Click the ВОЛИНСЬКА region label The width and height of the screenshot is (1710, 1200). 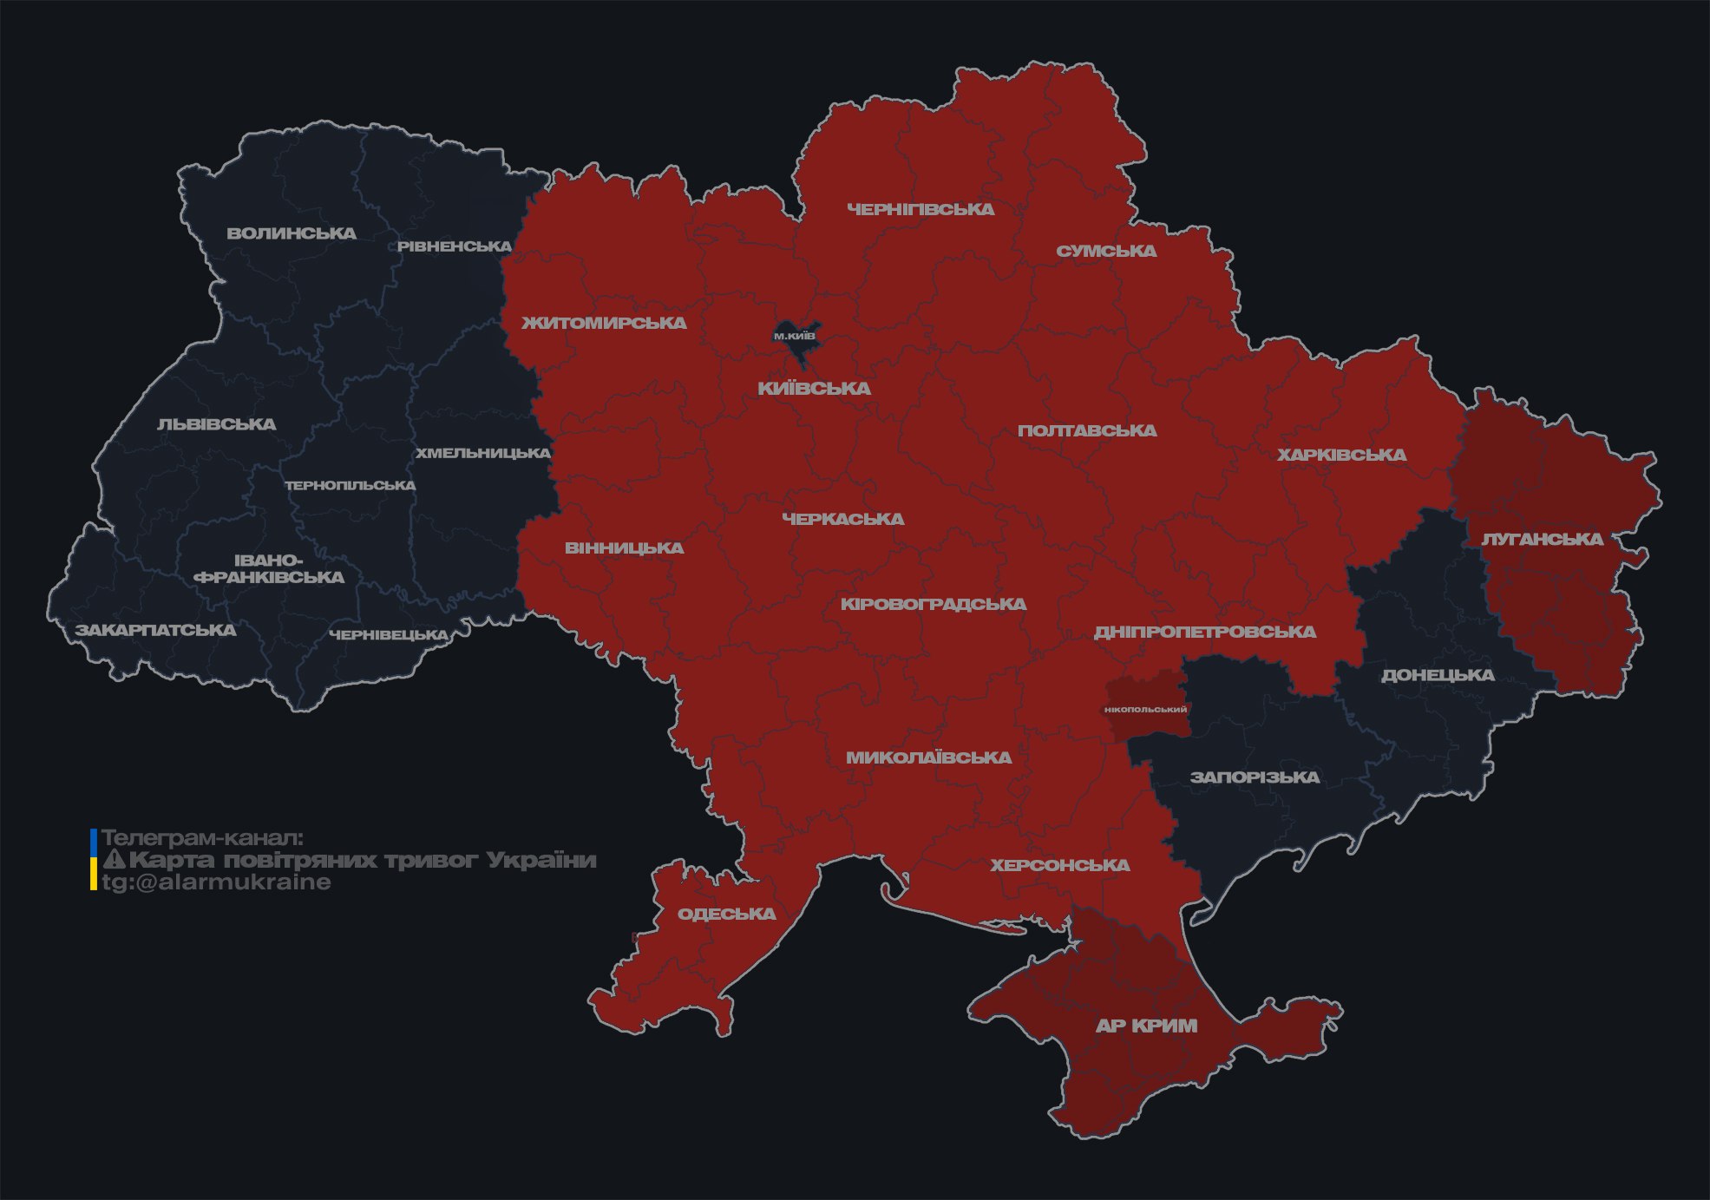(x=292, y=233)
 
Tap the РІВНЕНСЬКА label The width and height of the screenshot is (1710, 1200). (x=455, y=246)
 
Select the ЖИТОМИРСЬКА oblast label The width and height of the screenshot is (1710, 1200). (x=604, y=323)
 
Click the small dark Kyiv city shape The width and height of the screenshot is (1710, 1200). (x=796, y=342)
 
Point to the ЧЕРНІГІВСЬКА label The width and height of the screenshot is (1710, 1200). (x=921, y=209)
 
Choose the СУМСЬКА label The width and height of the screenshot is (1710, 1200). (x=1106, y=251)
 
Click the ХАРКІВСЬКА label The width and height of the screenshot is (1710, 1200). (x=1341, y=455)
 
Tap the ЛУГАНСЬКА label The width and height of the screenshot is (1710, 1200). (x=1542, y=539)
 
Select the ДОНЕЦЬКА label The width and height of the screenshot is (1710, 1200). (x=1438, y=675)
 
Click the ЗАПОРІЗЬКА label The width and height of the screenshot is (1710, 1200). (x=1255, y=777)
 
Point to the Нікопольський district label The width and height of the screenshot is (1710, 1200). (x=1145, y=709)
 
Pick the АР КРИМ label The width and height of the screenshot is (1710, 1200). (x=1146, y=1026)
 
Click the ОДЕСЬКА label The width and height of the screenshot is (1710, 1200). (x=726, y=914)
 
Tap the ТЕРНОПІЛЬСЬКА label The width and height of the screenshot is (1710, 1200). (x=351, y=485)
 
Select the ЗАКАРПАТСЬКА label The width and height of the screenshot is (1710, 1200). (x=155, y=630)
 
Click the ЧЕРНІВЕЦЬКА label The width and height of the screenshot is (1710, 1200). (x=389, y=635)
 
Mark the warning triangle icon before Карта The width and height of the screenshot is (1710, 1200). (x=114, y=860)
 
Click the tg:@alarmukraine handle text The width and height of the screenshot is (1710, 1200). (x=216, y=882)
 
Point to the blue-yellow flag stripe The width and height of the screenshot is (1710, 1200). (x=94, y=859)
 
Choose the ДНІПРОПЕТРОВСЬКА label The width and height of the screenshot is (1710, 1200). (x=1204, y=632)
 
